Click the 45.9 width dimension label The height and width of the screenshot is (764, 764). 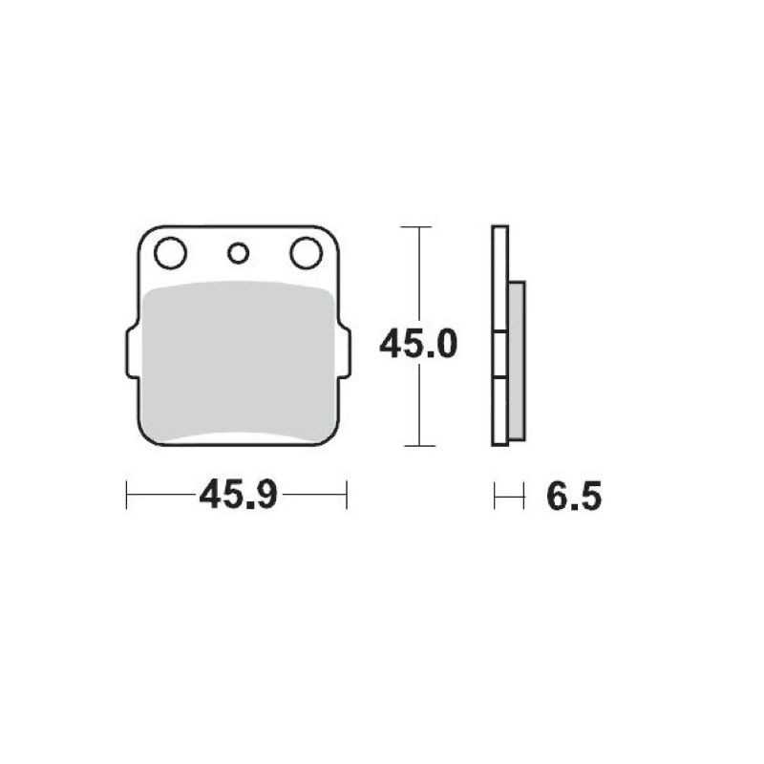[x=238, y=495]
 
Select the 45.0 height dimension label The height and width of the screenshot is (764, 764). [x=418, y=344]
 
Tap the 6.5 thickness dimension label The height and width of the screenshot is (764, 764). [x=574, y=497]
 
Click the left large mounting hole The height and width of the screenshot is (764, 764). [x=170, y=253]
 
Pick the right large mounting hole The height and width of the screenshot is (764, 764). [x=306, y=253]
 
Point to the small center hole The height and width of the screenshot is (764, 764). [x=238, y=253]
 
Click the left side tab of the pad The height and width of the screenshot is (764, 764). [x=132, y=352]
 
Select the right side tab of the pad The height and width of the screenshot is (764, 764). [x=344, y=352]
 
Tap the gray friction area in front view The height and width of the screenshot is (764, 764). [x=239, y=361]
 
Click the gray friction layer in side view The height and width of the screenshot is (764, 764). [x=517, y=361]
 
